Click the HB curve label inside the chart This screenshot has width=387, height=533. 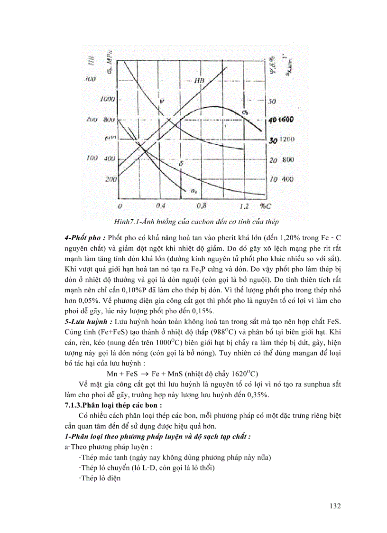(x=199, y=81)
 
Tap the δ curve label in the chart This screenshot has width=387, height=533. (x=181, y=164)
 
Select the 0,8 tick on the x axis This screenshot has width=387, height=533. (x=203, y=206)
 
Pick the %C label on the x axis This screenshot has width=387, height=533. (x=266, y=206)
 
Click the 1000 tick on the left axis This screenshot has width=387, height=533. (x=108, y=100)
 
